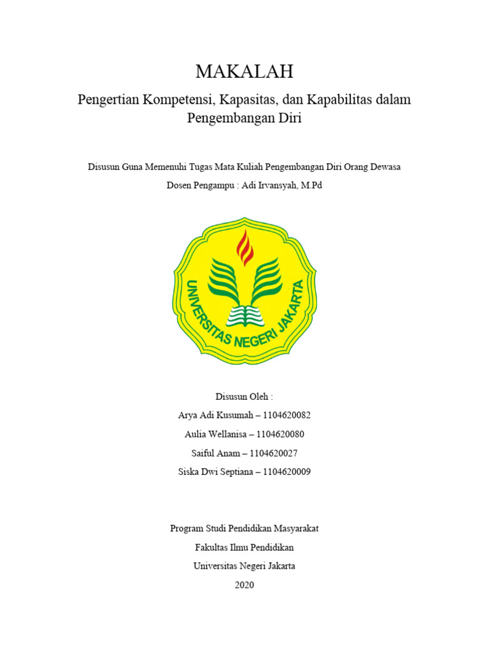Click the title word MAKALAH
(244, 72)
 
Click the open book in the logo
(245, 314)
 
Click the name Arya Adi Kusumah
(213, 415)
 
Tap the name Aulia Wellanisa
(213, 434)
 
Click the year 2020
(244, 585)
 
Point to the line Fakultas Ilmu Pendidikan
(244, 547)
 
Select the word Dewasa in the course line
(385, 167)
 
